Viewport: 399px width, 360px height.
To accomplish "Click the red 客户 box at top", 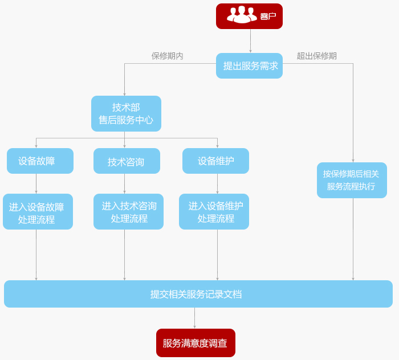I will [249, 16].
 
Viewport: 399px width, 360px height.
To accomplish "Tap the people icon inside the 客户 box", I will [241, 15].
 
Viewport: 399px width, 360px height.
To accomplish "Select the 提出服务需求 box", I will [249, 66].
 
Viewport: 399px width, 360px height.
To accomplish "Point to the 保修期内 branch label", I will [167, 56].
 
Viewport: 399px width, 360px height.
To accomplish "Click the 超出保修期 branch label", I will [316, 56].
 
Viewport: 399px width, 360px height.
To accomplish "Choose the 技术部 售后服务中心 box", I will [126, 113].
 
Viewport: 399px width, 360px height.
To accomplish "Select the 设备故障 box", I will [40, 161].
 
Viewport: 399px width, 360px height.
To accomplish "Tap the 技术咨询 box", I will [127, 161].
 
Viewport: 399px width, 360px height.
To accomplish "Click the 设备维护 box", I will [215, 161].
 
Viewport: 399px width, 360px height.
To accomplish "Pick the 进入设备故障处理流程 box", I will [38, 212].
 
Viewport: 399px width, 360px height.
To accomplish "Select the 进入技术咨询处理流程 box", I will [128, 211].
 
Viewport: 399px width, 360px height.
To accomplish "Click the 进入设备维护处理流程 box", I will [214, 211].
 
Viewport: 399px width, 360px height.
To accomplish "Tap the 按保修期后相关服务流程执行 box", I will [352, 180].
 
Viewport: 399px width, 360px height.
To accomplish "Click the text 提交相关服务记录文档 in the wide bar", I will [196, 294].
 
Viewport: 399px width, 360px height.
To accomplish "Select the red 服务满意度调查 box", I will [196, 343].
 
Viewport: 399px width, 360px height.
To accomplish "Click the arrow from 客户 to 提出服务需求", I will [250, 41].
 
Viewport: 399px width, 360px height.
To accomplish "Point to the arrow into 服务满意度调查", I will [194, 318].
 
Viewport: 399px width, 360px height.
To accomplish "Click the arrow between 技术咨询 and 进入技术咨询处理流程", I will [124, 184].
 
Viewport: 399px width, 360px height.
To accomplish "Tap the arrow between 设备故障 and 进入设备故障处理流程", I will [36, 184].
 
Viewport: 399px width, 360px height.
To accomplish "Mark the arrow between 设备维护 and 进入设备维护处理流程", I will [217, 184].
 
